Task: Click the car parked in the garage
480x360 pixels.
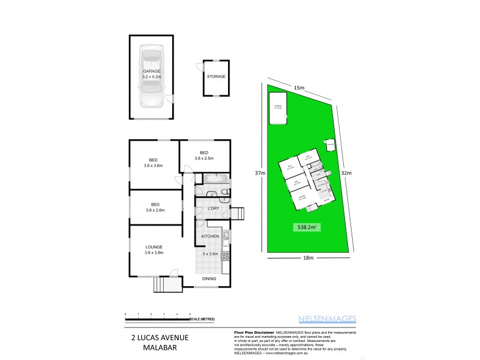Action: (x=152, y=76)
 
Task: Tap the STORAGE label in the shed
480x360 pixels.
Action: (x=216, y=77)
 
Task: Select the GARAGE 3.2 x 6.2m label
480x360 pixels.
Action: (x=151, y=74)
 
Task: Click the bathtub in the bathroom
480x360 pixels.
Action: (x=214, y=178)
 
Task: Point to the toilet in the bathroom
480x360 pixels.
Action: (x=224, y=191)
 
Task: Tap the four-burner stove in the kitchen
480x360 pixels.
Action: (x=226, y=256)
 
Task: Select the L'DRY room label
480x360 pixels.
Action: (x=212, y=208)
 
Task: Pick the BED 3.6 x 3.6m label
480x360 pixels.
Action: (x=153, y=162)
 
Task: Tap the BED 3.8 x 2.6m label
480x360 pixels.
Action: (x=154, y=206)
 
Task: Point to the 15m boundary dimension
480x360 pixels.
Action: (x=300, y=88)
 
